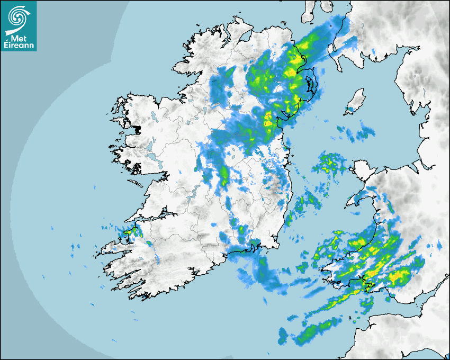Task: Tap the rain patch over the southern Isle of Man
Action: (350, 110)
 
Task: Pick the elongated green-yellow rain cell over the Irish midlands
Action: (224, 174)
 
